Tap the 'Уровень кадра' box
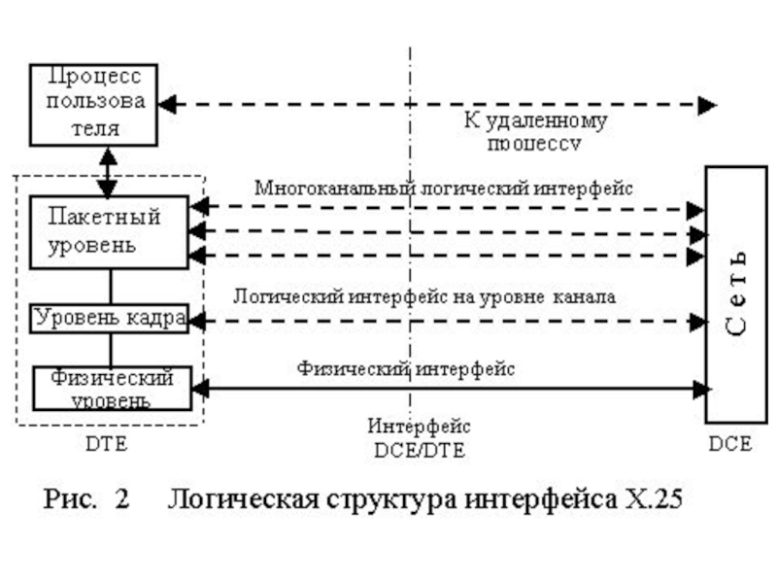(109, 319)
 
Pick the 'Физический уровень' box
(109, 387)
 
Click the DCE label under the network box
(729, 444)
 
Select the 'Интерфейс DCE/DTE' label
(419, 437)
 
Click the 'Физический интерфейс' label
(406, 368)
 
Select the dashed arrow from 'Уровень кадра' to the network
(447, 320)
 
